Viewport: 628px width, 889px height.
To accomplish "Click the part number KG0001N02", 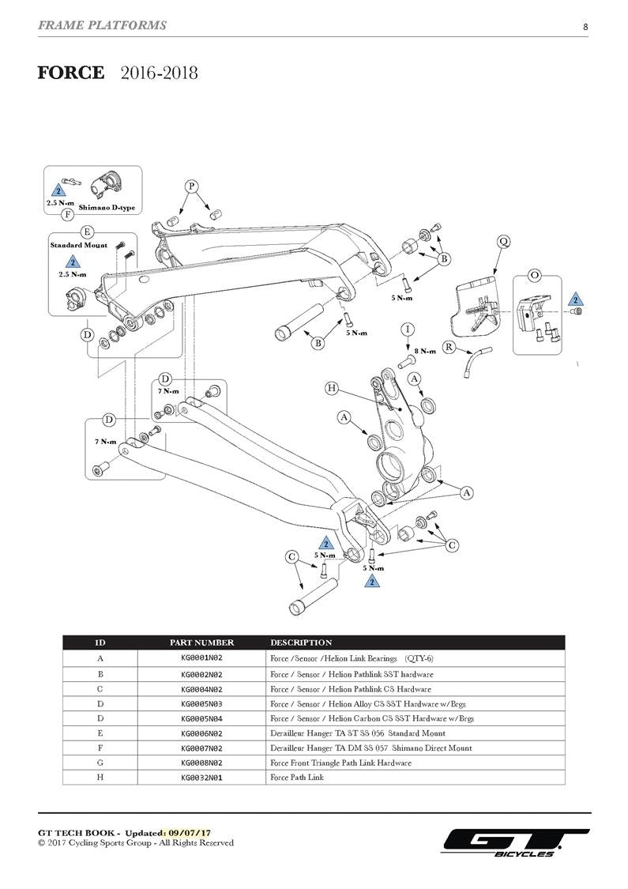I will [x=201, y=659].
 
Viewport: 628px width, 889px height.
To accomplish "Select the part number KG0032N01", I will [x=201, y=778].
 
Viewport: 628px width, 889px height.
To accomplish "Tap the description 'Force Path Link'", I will [x=297, y=778].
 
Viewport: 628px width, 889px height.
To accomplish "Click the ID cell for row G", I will [x=100, y=763].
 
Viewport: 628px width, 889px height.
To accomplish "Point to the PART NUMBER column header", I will [x=201, y=642].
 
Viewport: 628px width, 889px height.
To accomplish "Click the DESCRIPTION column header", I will [x=301, y=642].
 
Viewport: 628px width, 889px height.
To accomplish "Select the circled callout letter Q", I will [x=503, y=242].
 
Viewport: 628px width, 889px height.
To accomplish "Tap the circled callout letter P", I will [x=192, y=186].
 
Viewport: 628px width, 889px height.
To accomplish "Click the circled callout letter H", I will [x=332, y=388].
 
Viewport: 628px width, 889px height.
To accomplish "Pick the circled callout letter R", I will [x=448, y=347].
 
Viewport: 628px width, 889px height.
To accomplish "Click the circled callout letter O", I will [x=535, y=275].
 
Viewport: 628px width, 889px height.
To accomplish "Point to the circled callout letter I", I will [x=408, y=329].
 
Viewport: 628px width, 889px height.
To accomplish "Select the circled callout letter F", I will [x=69, y=214].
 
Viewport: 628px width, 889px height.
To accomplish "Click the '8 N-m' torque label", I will [x=426, y=351].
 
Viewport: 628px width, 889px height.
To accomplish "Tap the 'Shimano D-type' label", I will [x=107, y=207].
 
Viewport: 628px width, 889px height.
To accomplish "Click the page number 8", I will [x=585, y=27].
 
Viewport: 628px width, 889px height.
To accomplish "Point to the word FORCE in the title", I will [x=71, y=73].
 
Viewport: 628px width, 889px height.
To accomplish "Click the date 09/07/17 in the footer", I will [x=194, y=834].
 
